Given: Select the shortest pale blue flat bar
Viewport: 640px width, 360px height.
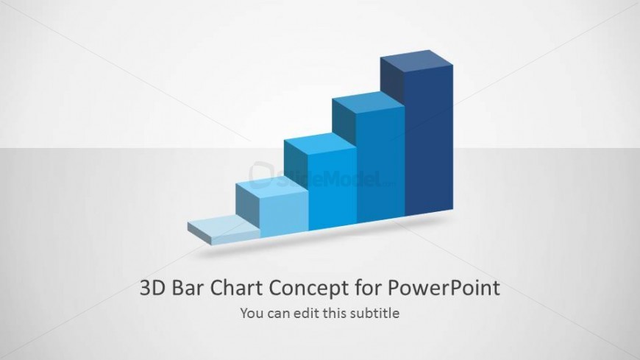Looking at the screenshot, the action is click(224, 233).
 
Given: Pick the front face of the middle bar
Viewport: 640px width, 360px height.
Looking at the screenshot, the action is click(333, 189).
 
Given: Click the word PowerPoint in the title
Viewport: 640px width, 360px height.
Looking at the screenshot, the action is click(444, 288).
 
